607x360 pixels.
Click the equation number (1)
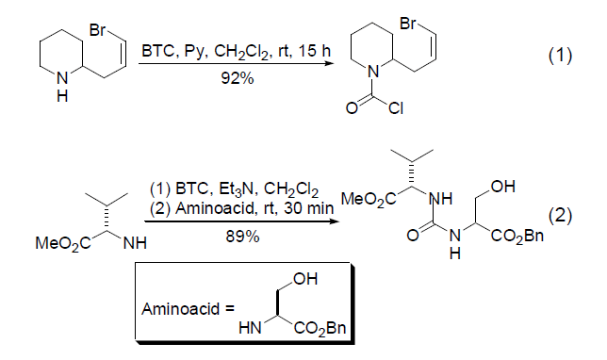tap(560, 56)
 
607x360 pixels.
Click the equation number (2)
tap(560, 215)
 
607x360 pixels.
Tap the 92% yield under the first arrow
tap(238, 78)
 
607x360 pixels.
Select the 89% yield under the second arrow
tap(242, 237)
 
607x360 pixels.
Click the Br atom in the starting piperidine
tap(97, 30)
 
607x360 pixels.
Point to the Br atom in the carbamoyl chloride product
tap(407, 24)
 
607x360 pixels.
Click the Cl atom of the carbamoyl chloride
tap(396, 108)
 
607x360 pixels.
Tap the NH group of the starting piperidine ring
tap(62, 86)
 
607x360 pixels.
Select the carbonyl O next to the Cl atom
tap(352, 108)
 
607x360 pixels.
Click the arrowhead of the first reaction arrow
tap(329, 62)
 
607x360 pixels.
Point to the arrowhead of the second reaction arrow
tap(334, 221)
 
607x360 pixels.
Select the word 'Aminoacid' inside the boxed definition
tap(180, 309)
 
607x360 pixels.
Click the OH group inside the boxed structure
tap(305, 279)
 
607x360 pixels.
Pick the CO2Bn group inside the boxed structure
tap(320, 329)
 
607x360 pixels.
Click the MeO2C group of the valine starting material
tap(63, 243)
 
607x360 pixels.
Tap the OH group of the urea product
tap(503, 187)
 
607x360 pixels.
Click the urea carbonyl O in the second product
tap(413, 235)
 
